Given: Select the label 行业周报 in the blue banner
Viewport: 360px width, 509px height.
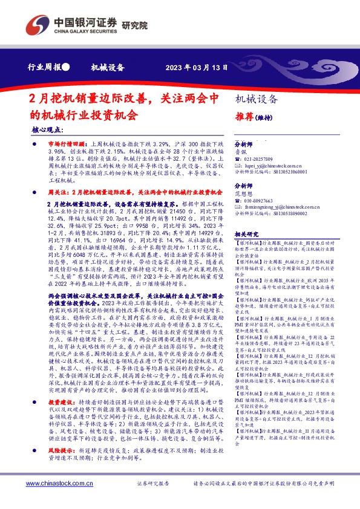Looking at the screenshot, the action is click(45, 67).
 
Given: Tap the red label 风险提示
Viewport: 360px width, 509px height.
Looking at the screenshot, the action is click(61, 451).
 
